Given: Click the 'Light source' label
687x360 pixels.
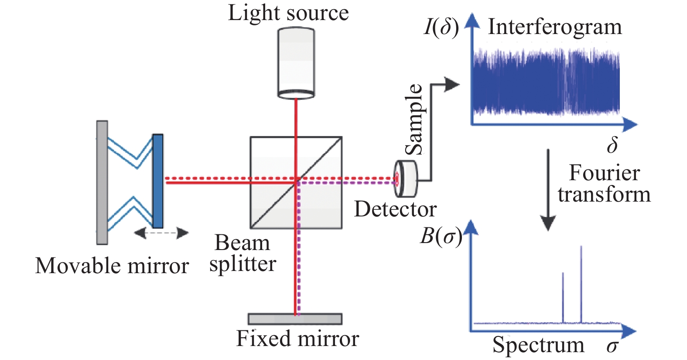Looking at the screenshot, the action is point(288,13).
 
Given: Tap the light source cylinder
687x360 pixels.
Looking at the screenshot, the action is point(296,63).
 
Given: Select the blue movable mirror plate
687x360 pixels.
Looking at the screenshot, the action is point(158,181).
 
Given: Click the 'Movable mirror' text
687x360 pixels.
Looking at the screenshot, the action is point(112,265).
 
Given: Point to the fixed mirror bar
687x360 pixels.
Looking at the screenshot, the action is point(295,319).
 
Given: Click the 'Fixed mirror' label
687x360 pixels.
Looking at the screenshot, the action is point(297,339).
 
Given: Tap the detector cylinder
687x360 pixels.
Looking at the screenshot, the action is point(406,179).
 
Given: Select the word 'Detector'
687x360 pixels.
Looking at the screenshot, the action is point(395,209).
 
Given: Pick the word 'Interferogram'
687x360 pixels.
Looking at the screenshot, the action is point(555,27).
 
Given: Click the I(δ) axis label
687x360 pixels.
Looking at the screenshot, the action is point(441,27).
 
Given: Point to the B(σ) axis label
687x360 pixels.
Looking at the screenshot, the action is point(441,237).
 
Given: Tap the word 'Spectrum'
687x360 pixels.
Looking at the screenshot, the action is point(539,345).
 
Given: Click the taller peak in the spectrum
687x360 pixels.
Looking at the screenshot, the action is point(581,285).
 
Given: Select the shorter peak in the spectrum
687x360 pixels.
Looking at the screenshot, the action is point(563,298).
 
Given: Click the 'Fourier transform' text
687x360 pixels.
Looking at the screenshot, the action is point(604,184).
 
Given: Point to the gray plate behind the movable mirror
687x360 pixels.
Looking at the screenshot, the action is point(102,182).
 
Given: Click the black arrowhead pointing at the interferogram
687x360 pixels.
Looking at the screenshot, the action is point(452,84).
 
